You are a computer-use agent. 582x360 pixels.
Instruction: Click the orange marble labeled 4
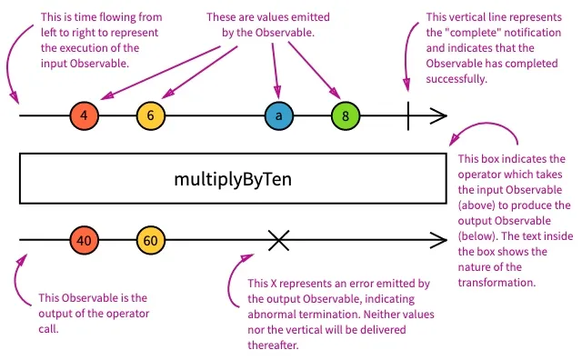coord(85,115)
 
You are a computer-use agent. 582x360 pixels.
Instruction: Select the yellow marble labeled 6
coord(150,115)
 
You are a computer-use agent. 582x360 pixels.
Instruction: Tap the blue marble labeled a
coord(279,115)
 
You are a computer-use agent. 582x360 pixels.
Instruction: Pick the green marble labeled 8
coord(346,115)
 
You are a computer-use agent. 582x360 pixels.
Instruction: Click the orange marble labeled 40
coord(85,240)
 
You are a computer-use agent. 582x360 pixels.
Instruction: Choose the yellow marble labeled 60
coord(150,240)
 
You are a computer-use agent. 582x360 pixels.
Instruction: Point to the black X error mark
coord(278,240)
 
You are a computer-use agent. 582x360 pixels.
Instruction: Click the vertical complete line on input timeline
coord(408,115)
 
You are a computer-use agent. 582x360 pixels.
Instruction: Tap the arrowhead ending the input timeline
coord(438,115)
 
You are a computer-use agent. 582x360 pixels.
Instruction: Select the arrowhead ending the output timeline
coord(438,240)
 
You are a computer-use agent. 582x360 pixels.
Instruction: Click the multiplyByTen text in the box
coord(233,180)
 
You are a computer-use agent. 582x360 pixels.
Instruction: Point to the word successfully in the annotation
coord(457,79)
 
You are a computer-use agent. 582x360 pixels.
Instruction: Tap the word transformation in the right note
coord(497,283)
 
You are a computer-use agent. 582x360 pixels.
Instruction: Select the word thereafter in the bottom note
coord(273,345)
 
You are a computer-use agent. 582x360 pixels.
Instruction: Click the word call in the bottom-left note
coord(48,329)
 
